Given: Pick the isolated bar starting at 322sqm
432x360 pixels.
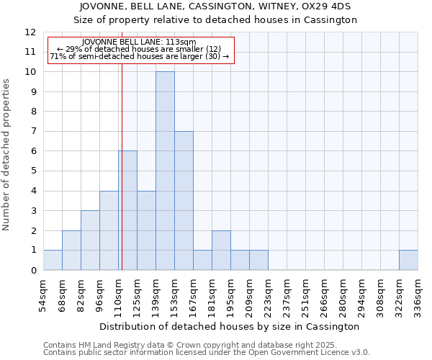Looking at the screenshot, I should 408,260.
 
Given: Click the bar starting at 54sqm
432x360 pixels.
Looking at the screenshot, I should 53,260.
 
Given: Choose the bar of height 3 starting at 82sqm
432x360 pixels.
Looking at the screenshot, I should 90,240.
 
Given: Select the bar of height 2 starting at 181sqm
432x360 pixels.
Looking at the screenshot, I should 221,250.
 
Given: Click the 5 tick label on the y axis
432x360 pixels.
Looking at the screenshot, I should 32,171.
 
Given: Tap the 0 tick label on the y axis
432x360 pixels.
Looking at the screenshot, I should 32,271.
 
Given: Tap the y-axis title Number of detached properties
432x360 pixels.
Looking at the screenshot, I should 7,155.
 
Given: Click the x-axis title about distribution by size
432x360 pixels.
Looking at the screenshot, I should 230,326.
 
